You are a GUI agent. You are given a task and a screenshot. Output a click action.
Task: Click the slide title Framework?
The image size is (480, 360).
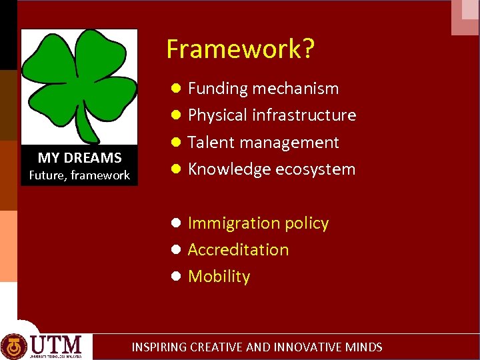[241, 49]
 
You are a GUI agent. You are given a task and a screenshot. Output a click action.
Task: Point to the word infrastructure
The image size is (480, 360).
[305, 115]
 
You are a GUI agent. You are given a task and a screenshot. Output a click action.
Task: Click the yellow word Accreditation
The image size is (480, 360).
[238, 250]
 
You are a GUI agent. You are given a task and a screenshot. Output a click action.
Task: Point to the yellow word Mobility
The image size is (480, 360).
[219, 277]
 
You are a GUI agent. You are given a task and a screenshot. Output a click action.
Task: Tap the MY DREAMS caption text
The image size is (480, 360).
[79, 158]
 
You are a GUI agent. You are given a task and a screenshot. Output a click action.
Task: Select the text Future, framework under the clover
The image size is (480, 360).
[79, 175]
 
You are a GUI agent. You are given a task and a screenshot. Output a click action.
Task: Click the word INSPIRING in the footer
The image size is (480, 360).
[159, 347]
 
